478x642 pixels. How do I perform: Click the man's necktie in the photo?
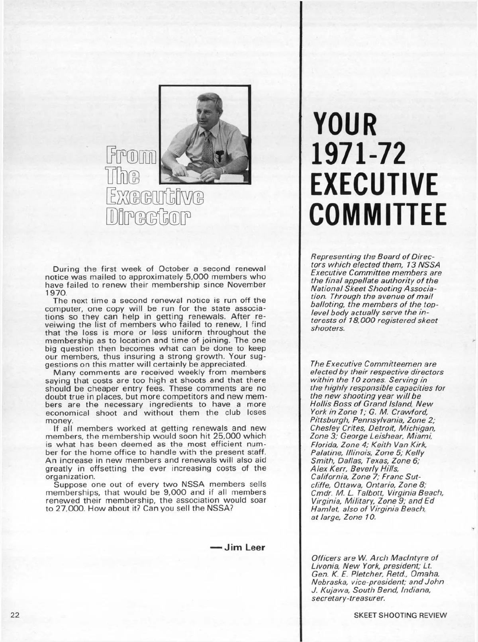tap(208, 148)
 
